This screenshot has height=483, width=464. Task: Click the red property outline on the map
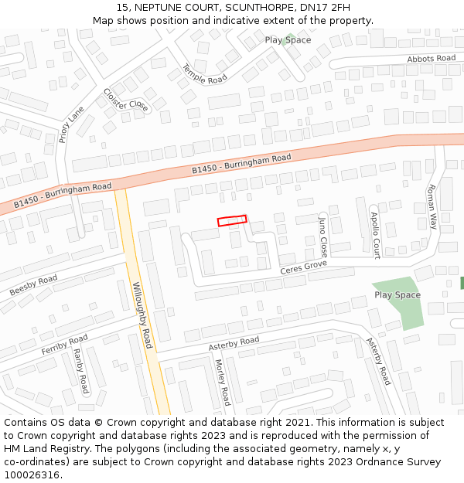pos(232,221)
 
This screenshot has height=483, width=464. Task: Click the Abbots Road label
pos(432,59)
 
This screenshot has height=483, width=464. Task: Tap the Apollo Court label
pos(375,235)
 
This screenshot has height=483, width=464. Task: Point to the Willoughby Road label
pos(139,313)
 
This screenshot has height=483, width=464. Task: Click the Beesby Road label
pos(33,285)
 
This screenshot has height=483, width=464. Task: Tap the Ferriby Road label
pos(64,345)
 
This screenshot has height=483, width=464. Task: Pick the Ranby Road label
pos(80,371)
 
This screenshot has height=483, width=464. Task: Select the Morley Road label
pos(222,383)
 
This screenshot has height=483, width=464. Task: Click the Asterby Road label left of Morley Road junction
pos(234,343)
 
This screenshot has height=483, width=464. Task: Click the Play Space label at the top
pos(288,40)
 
